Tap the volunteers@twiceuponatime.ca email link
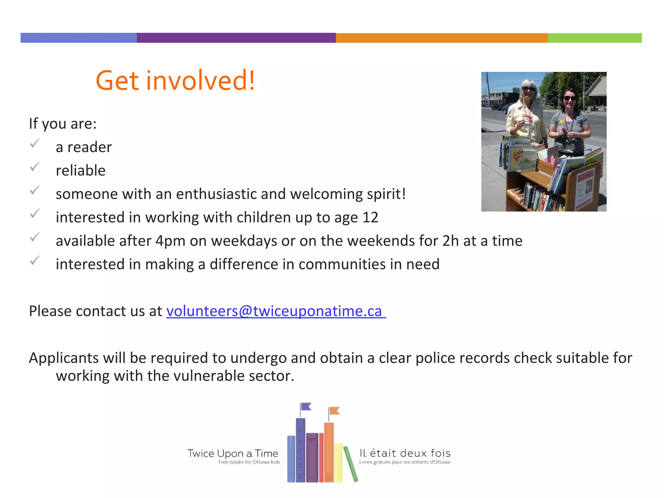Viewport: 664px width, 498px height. [276, 311]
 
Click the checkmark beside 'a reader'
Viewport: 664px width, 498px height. [35, 143]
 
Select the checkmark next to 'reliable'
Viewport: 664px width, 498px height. [35, 167]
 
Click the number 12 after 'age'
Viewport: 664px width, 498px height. [370, 218]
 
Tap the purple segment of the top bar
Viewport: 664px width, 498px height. [236, 38]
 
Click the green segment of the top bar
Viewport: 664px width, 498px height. [594, 38]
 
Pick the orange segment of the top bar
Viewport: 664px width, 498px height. [442, 38]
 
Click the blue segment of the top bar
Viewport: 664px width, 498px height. [78, 38]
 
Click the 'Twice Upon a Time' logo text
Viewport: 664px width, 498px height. [232, 453]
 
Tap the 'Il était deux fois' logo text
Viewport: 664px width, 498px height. [405, 453]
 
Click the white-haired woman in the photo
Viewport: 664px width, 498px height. [527, 110]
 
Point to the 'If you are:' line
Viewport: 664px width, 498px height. [63, 124]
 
